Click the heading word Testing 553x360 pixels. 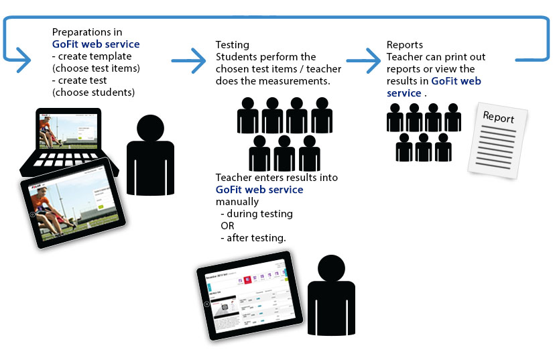pos(231,45)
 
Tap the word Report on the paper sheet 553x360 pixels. pos(499,117)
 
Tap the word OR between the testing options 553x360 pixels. pos(227,226)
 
